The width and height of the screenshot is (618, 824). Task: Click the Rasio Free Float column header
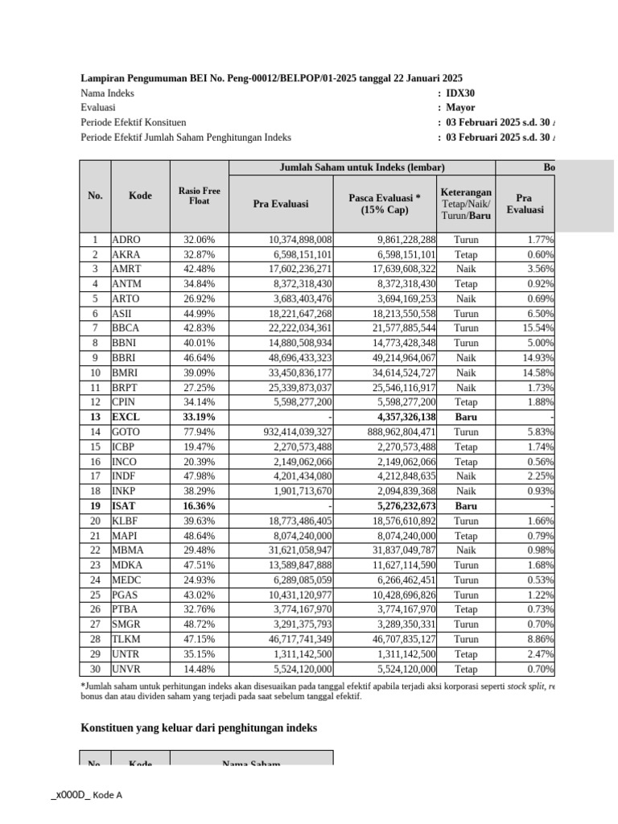199,196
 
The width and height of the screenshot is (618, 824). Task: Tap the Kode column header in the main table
140,196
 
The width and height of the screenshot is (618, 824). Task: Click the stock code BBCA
126,328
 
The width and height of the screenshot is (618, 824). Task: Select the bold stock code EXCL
126,416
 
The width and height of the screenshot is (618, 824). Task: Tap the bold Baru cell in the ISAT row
466,505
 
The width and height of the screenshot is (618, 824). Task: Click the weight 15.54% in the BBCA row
538,328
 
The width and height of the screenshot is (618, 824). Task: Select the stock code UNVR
126,669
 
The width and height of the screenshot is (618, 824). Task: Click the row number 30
95,669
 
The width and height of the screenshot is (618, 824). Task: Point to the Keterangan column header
466,204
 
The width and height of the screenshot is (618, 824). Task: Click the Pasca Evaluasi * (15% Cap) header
385,204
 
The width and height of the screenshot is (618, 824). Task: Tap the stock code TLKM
126,639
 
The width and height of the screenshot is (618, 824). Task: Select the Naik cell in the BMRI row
466,372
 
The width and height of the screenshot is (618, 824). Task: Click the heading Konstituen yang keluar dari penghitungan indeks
199,727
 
